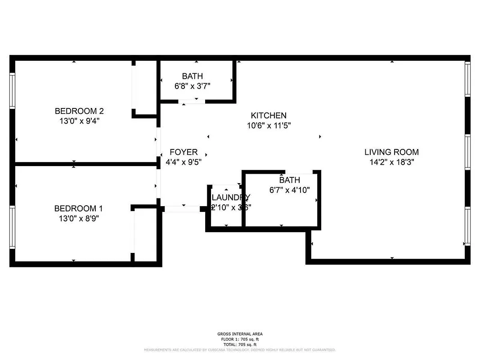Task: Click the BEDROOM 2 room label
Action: (x=76, y=111)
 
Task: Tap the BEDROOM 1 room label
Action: (x=76, y=208)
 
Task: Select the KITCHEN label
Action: (x=269, y=116)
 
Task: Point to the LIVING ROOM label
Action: (x=391, y=152)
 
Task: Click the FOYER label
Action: (x=184, y=152)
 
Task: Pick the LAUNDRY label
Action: (x=230, y=197)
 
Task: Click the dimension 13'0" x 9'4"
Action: (x=76, y=121)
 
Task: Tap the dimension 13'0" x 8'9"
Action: (x=76, y=218)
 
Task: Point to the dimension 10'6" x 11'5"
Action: (x=269, y=126)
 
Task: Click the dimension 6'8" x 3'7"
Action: (x=192, y=86)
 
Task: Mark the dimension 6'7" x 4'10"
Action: (x=289, y=190)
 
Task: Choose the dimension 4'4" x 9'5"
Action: (x=184, y=162)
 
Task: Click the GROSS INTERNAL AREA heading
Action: (x=240, y=334)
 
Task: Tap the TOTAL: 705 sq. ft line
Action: (x=240, y=344)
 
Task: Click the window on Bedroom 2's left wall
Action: (x=13, y=90)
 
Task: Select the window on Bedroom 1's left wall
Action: (x=13, y=227)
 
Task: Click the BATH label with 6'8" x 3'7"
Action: (x=192, y=76)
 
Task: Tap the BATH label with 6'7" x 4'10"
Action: (x=289, y=180)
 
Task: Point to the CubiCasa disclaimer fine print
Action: (x=240, y=350)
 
